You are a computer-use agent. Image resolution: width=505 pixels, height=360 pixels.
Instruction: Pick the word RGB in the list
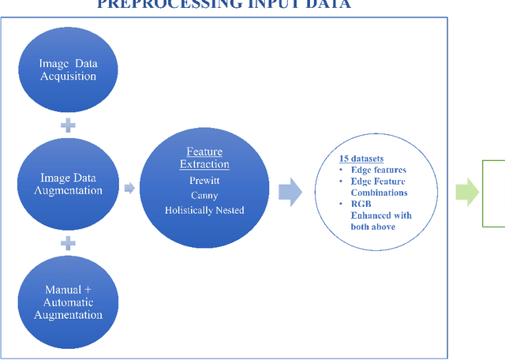pos(361,204)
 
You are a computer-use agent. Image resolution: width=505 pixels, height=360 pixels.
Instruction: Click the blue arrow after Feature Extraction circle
pos(291,192)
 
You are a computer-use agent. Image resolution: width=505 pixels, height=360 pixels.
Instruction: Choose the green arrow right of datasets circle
pos(467,192)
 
